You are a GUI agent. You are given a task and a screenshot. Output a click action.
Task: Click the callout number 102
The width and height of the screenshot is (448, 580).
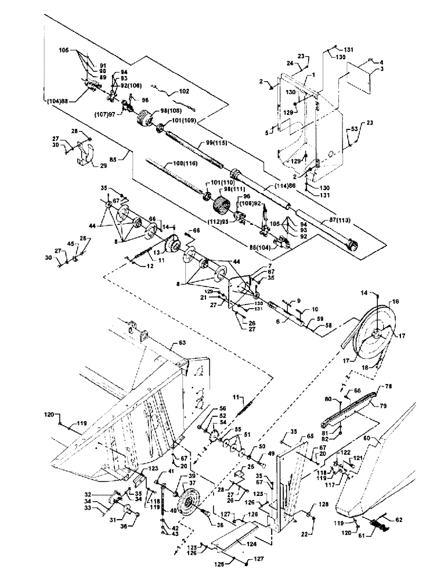coord(184,91)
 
